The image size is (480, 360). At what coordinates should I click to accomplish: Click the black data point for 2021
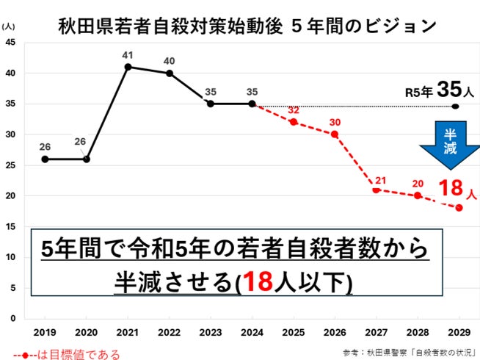click(128, 67)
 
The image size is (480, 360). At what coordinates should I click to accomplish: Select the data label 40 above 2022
click(170, 60)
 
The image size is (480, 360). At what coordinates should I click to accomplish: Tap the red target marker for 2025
click(294, 122)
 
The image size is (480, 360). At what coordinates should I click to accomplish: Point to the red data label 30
click(335, 122)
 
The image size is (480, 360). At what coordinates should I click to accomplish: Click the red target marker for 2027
click(376, 190)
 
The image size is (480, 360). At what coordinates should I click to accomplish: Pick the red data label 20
click(417, 183)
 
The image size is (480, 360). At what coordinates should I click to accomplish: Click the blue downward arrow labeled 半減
click(449, 145)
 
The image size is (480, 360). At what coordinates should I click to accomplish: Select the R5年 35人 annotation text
click(440, 91)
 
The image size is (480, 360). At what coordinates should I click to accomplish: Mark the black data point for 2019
click(46, 159)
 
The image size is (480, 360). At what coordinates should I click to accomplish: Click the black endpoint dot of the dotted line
click(455, 107)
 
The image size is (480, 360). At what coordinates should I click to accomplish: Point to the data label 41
click(128, 54)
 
